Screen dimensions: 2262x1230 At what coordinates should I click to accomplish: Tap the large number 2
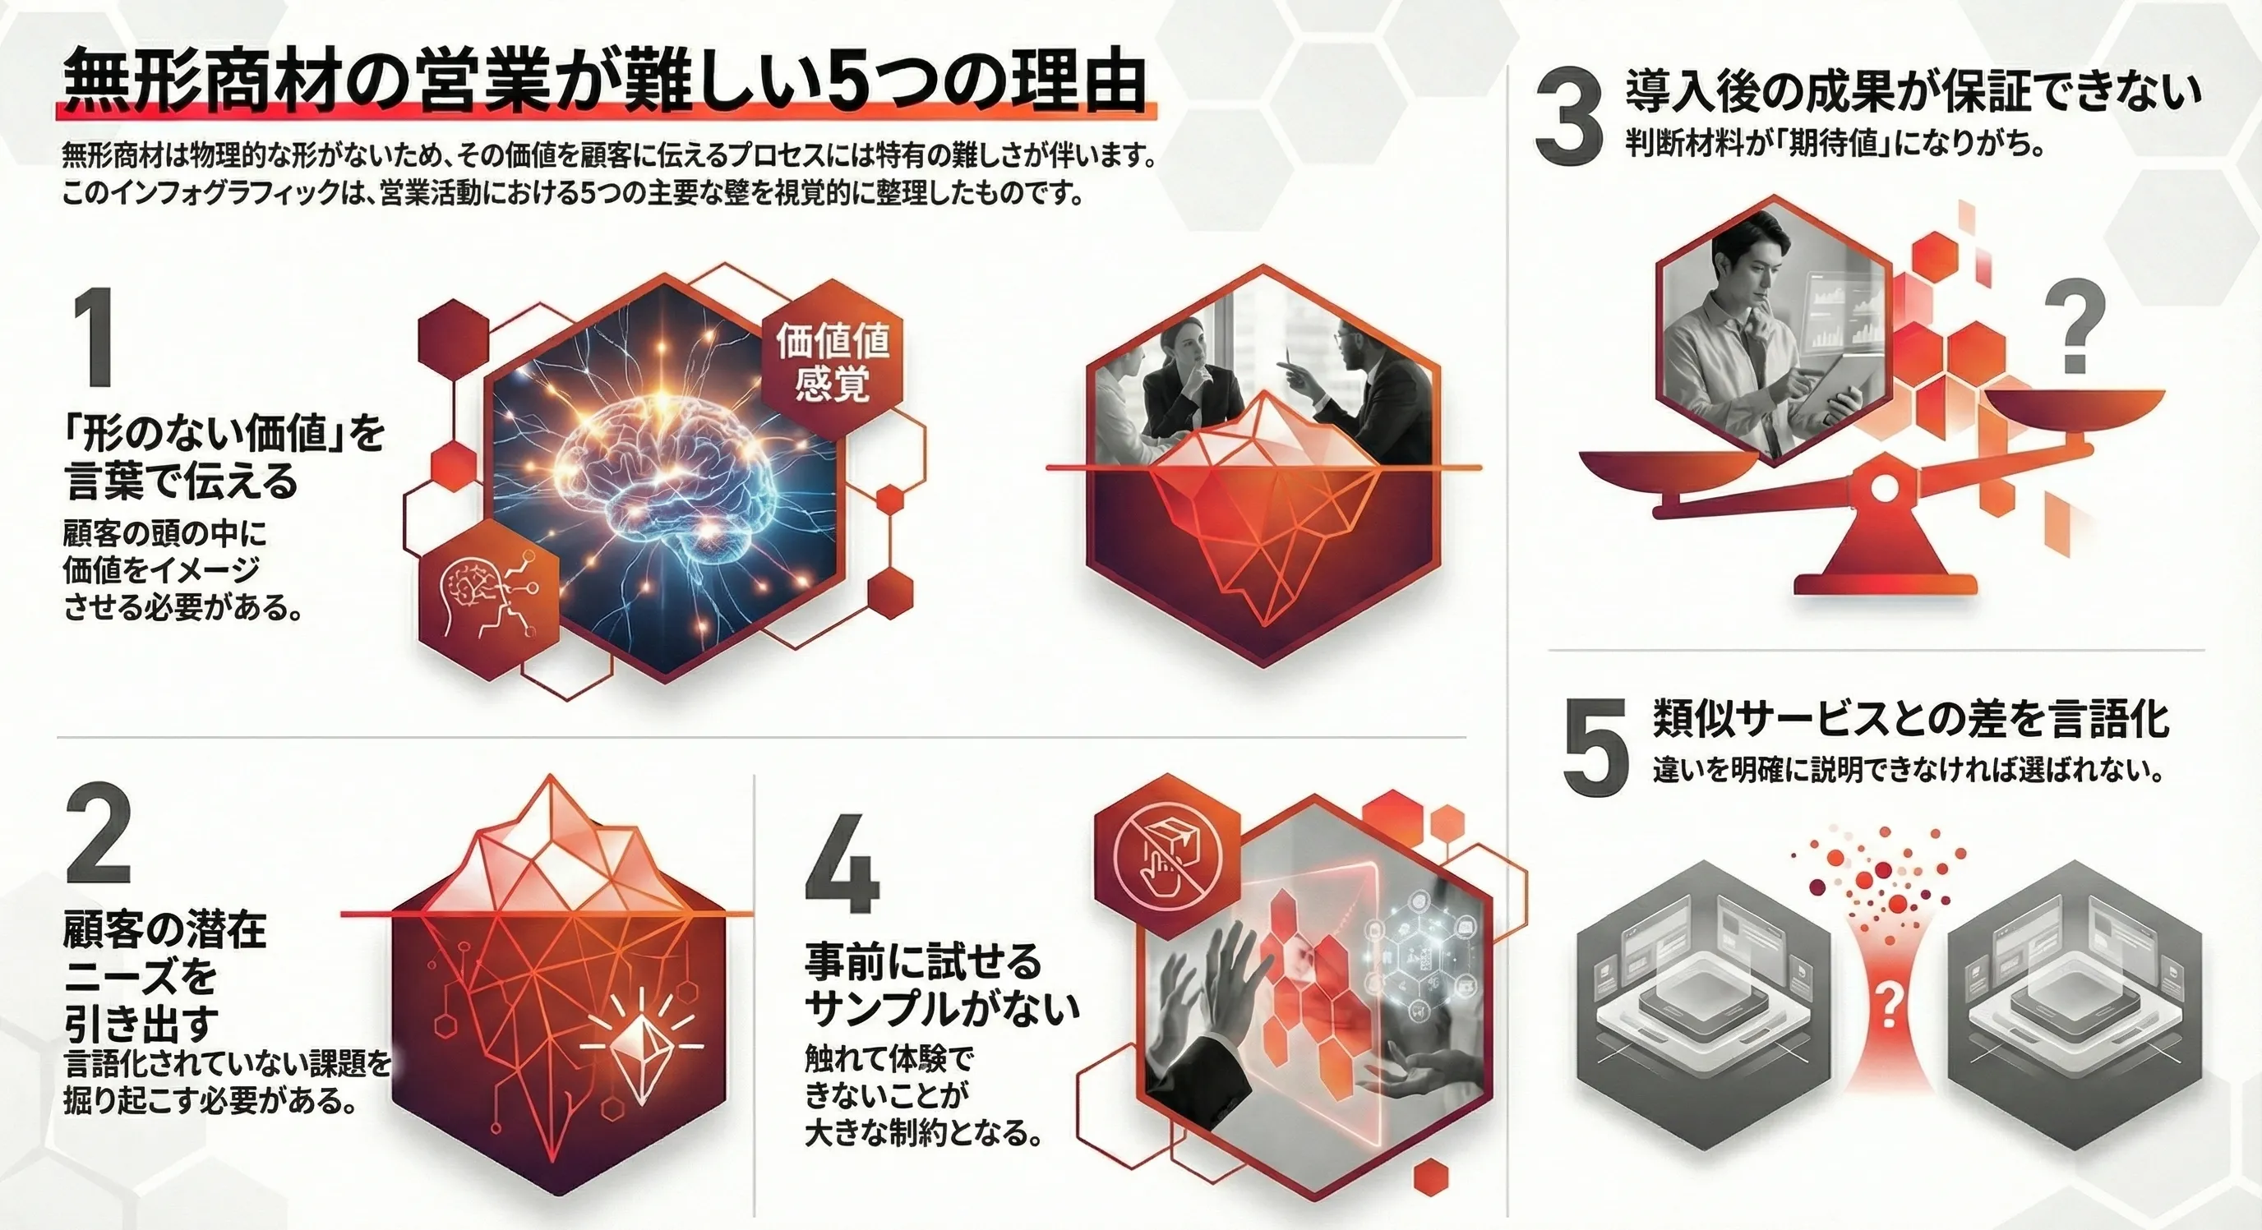pyautogui.click(x=99, y=837)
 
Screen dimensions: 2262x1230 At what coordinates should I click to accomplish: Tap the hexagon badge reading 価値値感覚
pyautogui.click(x=833, y=361)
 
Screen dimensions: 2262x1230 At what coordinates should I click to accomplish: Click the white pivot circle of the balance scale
pyautogui.click(x=1882, y=486)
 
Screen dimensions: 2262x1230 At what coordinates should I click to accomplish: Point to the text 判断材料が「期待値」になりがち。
pyautogui.click(x=1835, y=145)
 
